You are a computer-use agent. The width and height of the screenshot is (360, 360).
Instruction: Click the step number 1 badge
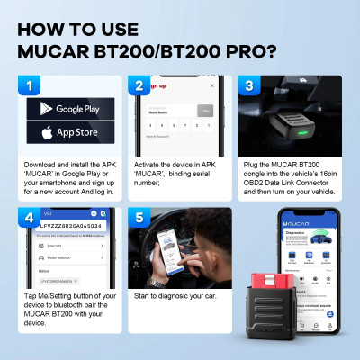tap(29, 85)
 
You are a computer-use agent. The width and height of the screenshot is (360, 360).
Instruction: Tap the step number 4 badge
tap(29, 219)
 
